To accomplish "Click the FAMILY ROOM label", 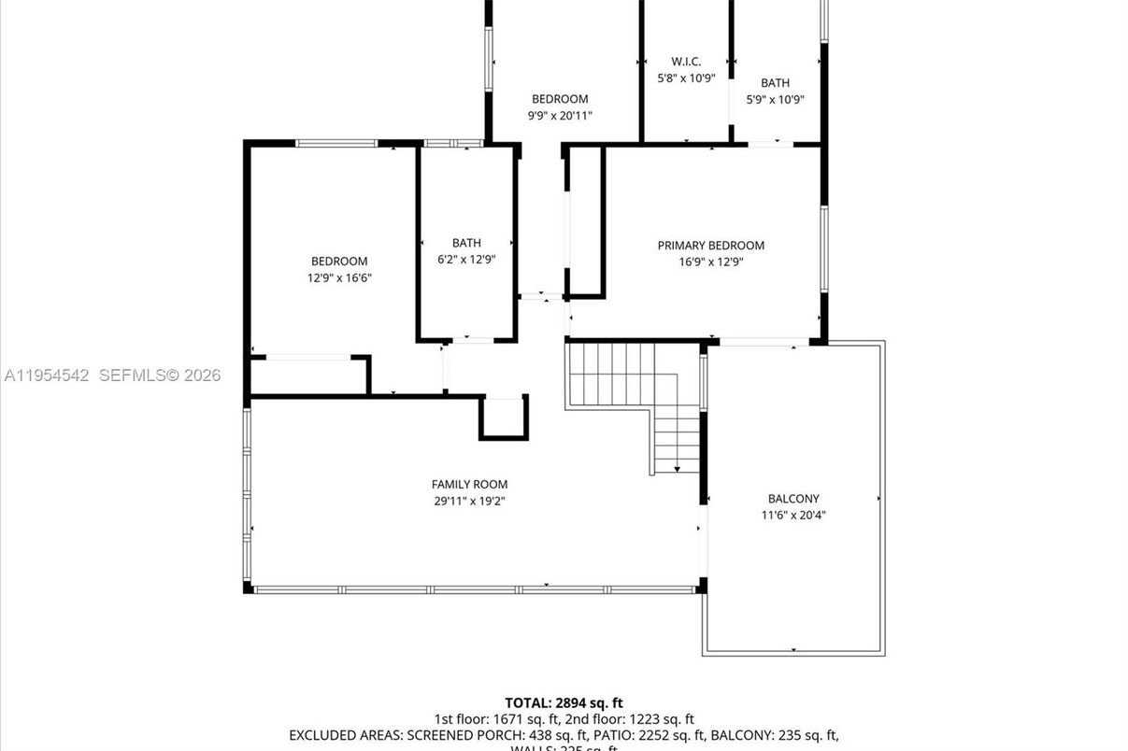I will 469,484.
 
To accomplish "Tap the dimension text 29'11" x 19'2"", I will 469,501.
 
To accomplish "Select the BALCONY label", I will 793,499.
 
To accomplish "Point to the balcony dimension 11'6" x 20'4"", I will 793,515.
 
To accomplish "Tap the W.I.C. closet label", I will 686,62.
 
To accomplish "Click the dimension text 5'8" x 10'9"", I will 686,78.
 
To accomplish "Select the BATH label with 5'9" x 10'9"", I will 775,83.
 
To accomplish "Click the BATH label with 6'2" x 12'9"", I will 466,243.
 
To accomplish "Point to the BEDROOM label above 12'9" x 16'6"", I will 339,262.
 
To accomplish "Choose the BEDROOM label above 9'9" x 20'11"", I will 560,99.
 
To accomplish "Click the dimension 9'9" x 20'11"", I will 560,116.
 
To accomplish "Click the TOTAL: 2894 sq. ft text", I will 564,702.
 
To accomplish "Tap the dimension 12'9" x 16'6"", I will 339,278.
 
